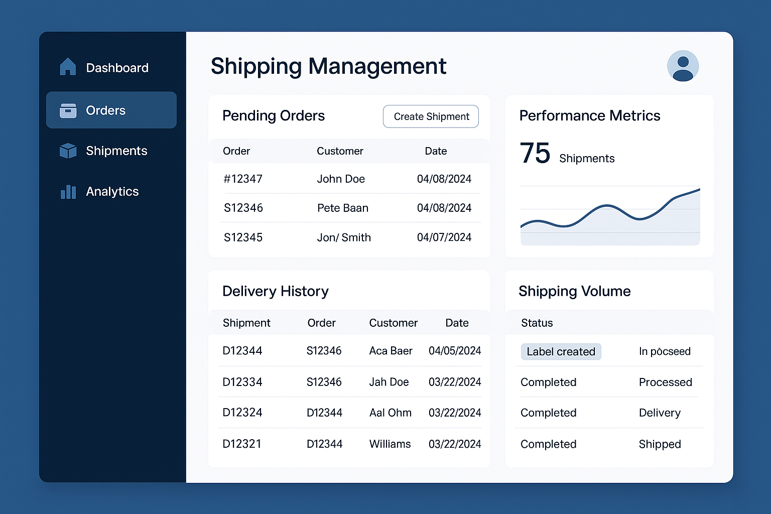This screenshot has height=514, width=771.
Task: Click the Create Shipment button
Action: tap(431, 116)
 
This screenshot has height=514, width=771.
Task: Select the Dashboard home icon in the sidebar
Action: tap(68, 67)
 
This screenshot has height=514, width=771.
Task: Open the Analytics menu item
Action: tap(112, 191)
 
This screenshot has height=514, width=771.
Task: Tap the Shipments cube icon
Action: tap(68, 151)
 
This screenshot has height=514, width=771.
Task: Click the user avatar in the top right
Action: tap(683, 66)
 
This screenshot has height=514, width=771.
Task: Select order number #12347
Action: tap(243, 179)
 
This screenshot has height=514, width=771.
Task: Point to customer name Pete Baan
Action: tap(343, 208)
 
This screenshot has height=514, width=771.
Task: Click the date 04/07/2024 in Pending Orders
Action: tap(444, 237)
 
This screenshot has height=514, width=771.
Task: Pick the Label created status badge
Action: tap(561, 351)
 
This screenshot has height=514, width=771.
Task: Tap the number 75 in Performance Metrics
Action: tap(535, 153)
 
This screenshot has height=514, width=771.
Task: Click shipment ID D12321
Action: tap(242, 444)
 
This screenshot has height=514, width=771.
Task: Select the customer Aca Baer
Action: tap(391, 351)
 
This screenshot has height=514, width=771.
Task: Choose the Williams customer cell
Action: tap(390, 444)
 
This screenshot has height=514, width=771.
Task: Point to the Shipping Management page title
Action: tap(328, 66)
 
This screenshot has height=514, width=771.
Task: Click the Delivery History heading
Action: tap(276, 291)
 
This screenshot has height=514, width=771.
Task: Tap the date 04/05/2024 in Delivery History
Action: tap(455, 351)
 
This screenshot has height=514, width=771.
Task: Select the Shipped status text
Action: tap(660, 444)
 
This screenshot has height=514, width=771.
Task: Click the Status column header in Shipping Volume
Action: tap(537, 323)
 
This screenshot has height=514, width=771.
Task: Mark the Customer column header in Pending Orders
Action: tap(340, 151)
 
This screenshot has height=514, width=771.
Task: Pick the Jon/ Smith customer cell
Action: tap(344, 237)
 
